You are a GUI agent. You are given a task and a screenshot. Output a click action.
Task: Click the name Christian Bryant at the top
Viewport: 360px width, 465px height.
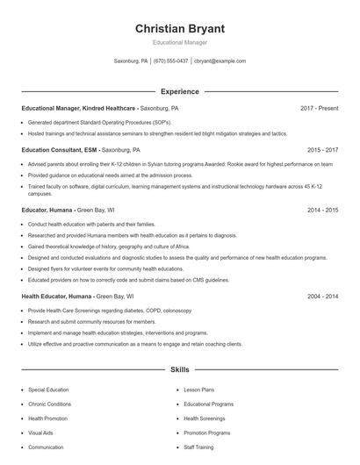click(179, 29)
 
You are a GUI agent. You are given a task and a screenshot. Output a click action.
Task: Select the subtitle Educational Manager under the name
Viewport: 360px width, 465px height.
click(179, 42)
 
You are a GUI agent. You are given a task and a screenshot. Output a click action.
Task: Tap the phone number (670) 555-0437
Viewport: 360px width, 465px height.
click(170, 61)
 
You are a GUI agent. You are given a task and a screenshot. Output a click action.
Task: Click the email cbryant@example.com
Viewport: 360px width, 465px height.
click(220, 61)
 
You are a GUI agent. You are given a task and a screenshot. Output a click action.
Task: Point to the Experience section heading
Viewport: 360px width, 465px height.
click(179, 91)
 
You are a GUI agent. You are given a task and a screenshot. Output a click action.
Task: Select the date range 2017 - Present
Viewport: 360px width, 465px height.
click(319, 108)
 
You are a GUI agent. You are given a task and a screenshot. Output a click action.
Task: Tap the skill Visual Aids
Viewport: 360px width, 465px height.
click(40, 433)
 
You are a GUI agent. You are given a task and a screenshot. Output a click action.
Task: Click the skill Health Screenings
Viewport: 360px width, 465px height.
click(204, 418)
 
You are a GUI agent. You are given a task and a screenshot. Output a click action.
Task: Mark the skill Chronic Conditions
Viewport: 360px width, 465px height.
click(49, 404)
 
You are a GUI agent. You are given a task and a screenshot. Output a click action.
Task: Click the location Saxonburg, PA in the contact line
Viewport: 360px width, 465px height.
click(132, 61)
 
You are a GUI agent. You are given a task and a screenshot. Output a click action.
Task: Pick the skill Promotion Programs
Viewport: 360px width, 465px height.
click(206, 433)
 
